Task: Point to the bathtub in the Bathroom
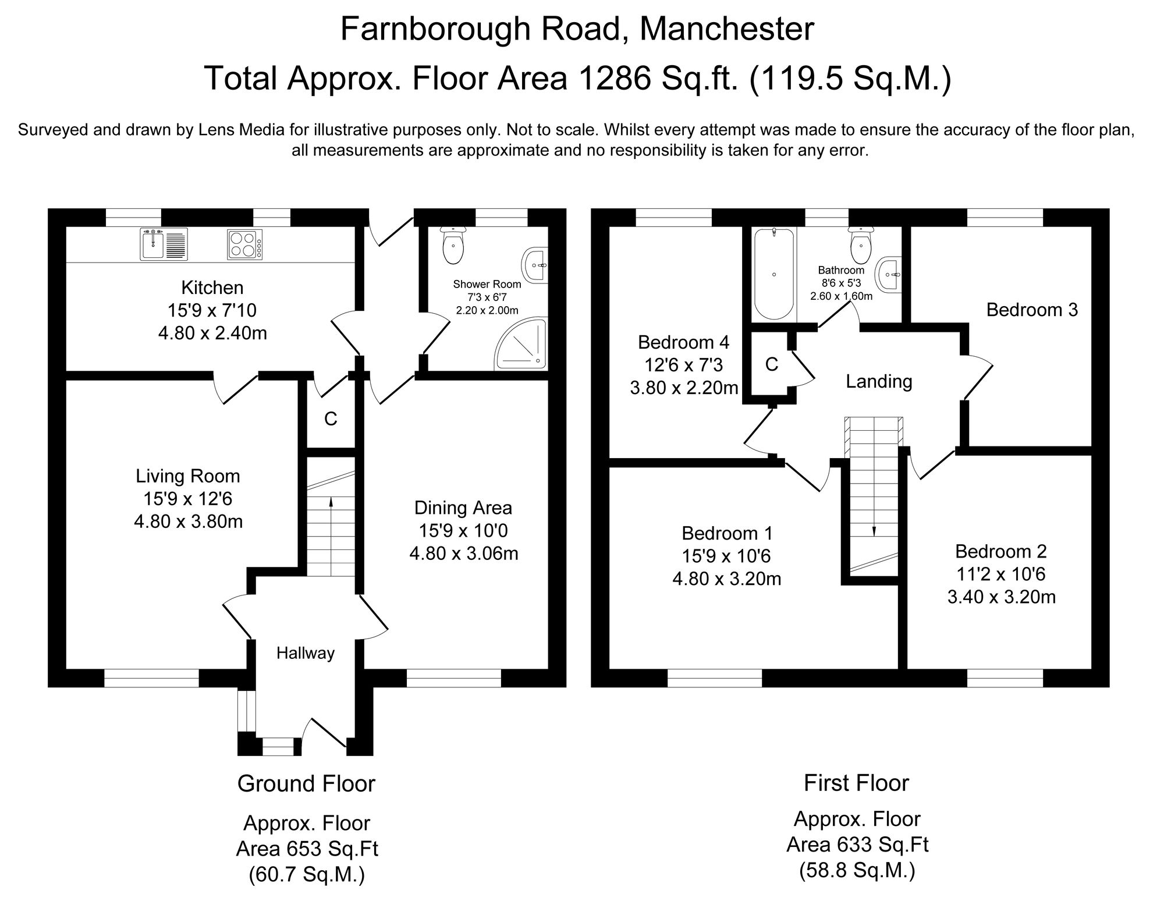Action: (773, 274)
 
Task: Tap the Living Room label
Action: (188, 476)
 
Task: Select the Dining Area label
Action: (463, 508)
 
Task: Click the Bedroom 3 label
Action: (1032, 310)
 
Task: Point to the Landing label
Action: (879, 382)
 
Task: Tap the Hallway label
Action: (306, 654)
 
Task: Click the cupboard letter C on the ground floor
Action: (331, 419)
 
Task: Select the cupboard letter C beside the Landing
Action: (772, 364)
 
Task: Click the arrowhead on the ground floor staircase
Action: (331, 501)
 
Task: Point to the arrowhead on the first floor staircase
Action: (874, 531)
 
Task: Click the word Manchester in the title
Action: (727, 29)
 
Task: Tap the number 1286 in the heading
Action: (616, 79)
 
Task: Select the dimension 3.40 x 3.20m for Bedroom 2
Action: (1001, 597)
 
